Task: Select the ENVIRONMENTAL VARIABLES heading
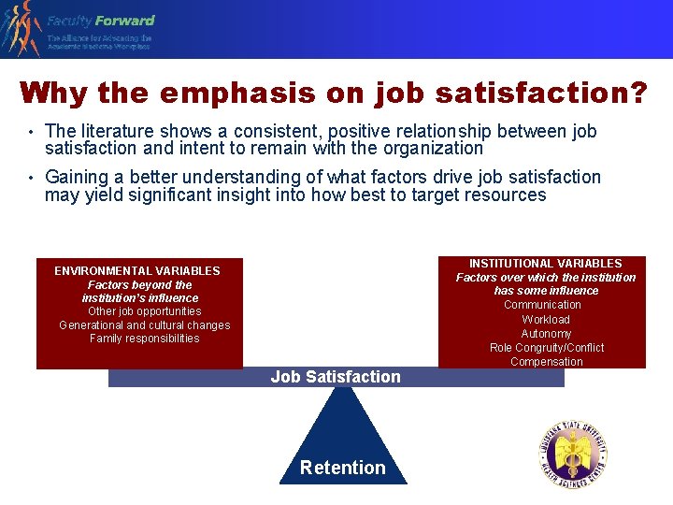pos(137,271)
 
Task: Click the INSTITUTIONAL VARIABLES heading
pos(545,264)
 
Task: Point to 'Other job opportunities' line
pos(144,311)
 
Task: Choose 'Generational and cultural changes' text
pos(144,325)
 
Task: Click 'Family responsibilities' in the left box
pos(144,339)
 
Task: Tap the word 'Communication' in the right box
pos(542,305)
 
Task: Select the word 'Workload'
pos(546,320)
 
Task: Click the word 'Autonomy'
pos(546,334)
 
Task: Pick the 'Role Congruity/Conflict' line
pos(547,348)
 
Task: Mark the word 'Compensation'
pos(547,362)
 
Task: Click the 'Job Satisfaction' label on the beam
pos(336,377)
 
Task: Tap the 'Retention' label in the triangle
pos(342,468)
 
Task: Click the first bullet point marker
pos(30,133)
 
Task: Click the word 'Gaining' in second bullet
pos(75,178)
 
